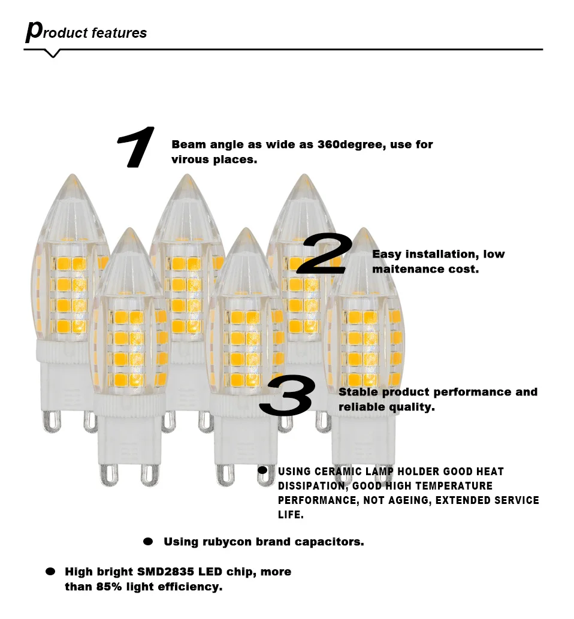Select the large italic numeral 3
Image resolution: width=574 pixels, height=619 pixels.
coord(287,395)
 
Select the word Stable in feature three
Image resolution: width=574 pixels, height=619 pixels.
coord(358,392)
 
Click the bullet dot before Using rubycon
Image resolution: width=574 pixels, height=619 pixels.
coord(148,542)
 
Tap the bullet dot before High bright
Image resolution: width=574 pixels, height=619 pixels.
coord(50,572)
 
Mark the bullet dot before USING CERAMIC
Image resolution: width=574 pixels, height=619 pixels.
coord(262,471)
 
